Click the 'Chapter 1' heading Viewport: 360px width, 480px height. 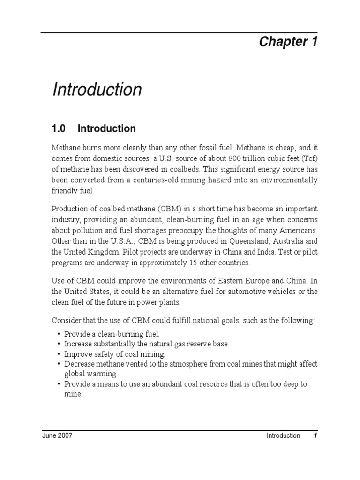(x=288, y=42)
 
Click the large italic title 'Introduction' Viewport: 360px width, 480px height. (x=97, y=90)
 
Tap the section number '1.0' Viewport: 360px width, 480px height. (x=60, y=128)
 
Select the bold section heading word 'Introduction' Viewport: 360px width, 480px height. (x=106, y=128)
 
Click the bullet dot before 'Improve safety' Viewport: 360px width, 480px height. (x=58, y=354)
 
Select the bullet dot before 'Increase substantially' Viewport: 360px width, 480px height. (x=58, y=344)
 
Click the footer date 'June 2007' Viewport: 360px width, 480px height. (x=57, y=435)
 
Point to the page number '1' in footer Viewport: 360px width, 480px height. (x=316, y=435)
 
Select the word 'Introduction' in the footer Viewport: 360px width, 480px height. (x=283, y=435)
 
